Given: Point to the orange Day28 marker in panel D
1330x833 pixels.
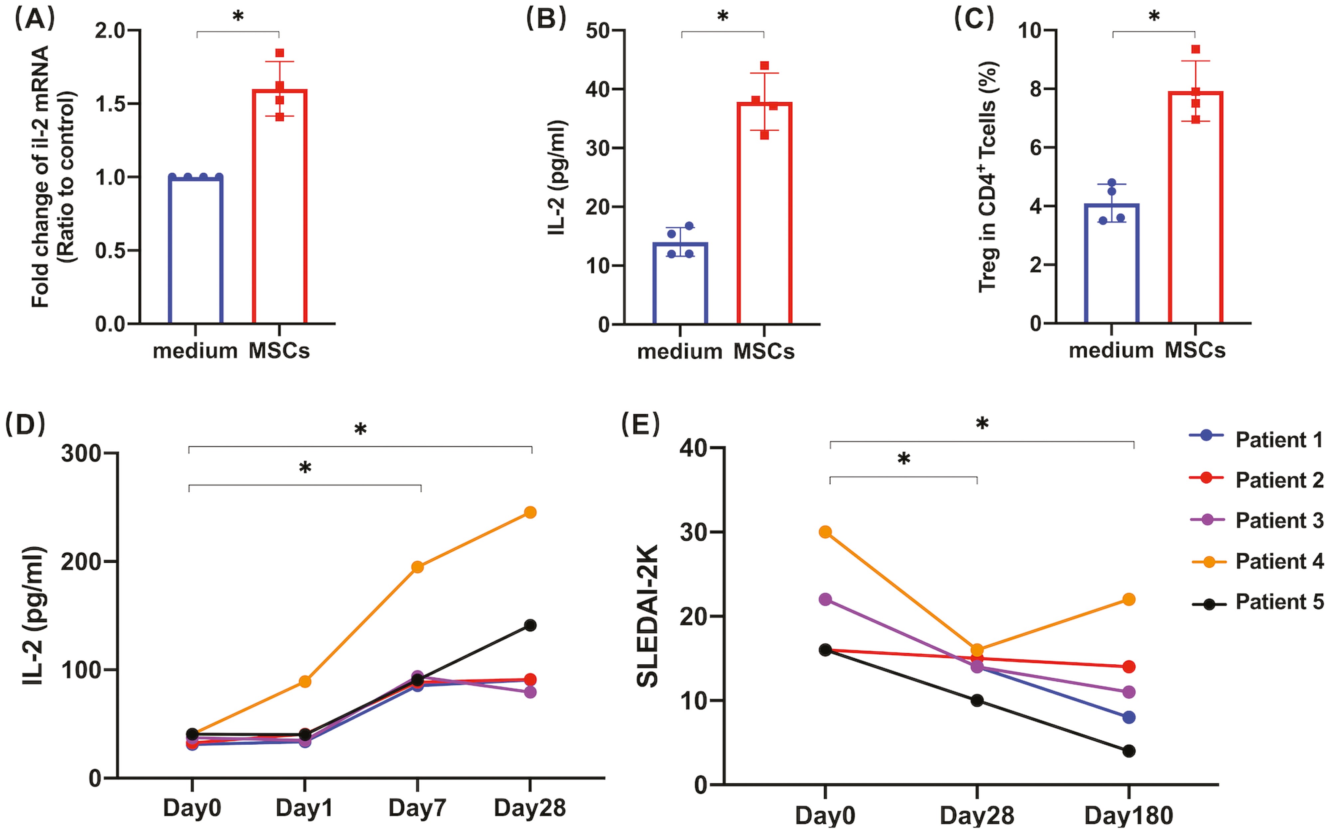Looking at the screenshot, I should [530, 512].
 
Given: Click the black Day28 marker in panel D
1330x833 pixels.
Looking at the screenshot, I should [530, 625].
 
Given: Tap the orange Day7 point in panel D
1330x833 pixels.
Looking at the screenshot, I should [417, 567].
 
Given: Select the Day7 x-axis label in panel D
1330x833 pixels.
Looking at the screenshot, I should [417, 808].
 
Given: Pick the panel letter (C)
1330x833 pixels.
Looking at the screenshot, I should [974, 19].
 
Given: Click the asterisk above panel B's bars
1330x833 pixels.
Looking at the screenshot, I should [722, 17].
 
